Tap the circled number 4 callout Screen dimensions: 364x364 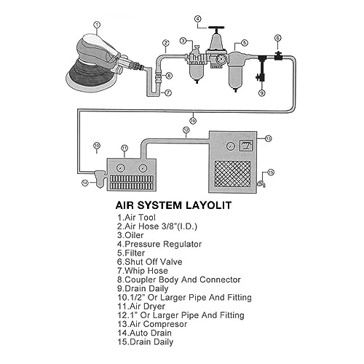tap(197, 17)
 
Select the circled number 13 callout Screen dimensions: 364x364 tap(268, 137)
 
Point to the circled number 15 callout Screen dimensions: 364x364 tap(271, 173)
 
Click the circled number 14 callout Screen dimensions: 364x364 tap(85, 183)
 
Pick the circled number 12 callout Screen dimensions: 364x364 tap(186, 131)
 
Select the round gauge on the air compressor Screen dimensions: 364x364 tap(230, 146)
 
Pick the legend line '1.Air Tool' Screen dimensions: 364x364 tap(135, 217)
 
